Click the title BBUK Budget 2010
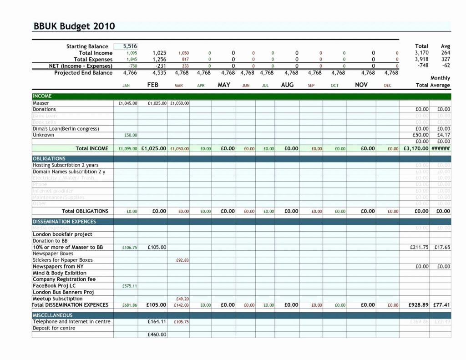point(74,26)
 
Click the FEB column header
point(152,85)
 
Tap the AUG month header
point(287,85)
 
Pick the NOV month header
point(361,85)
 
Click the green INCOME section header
point(42,96)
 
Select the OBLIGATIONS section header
point(49,158)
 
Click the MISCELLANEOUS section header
point(53,315)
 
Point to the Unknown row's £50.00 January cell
point(131,135)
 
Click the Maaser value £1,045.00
point(127,103)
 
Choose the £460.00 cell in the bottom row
point(157,335)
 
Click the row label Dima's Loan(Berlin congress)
point(66,129)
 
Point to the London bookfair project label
point(62,234)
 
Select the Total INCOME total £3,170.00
point(416,148)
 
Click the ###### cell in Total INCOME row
point(441,148)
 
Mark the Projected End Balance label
point(83,73)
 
